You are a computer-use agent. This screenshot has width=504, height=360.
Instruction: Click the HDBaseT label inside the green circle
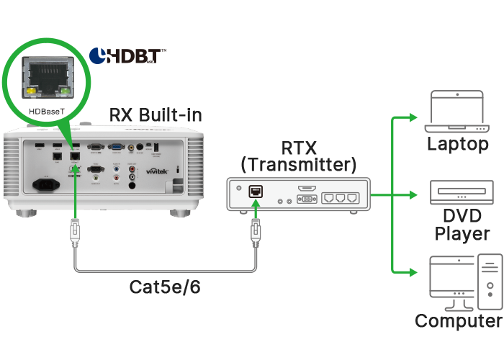point(48,112)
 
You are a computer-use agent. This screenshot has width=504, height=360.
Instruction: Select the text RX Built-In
point(156,114)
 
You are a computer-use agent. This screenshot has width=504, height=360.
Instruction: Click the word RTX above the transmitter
point(297,148)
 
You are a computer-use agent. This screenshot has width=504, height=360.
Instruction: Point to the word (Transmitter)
point(297,165)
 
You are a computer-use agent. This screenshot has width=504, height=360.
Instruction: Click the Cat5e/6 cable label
point(166,287)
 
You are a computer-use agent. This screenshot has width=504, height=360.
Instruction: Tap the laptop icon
point(457,112)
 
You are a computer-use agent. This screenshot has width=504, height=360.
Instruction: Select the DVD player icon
point(457,194)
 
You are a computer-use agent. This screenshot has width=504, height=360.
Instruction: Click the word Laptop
point(457,144)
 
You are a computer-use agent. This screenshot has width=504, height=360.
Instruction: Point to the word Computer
point(459,321)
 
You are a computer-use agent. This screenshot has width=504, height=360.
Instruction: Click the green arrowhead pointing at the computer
point(411,272)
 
